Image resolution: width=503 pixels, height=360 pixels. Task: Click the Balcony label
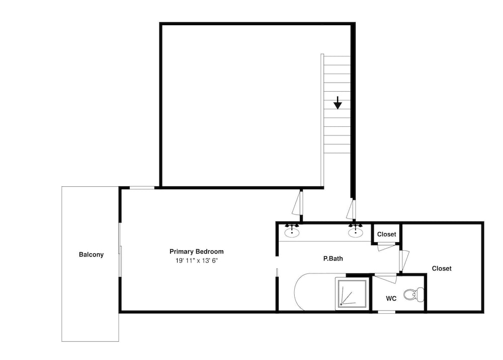coord(91,255)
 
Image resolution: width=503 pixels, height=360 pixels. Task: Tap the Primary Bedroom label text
coord(196,251)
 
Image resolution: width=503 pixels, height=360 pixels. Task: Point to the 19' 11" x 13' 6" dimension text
coord(196,260)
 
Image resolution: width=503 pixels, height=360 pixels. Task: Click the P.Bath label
coord(333,258)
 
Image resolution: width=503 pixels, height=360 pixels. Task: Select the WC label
coord(391,299)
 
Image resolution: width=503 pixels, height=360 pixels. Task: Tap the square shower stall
coord(352,294)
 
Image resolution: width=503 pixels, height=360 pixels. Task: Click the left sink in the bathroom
coord(292,232)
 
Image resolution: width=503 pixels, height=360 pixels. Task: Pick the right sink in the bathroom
coord(356,232)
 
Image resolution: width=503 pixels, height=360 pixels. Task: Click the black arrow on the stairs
coord(338,102)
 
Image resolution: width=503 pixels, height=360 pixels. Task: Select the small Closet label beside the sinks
coord(386,235)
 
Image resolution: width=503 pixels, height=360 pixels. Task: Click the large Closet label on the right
coord(442,268)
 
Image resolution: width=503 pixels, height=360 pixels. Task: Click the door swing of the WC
coord(386,278)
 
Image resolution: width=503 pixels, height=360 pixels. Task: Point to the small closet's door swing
coord(386,247)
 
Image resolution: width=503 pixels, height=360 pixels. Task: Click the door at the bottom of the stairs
coord(351,209)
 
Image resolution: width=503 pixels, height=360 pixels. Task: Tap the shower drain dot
coord(341,304)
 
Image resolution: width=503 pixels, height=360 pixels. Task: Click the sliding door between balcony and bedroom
coord(120,250)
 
